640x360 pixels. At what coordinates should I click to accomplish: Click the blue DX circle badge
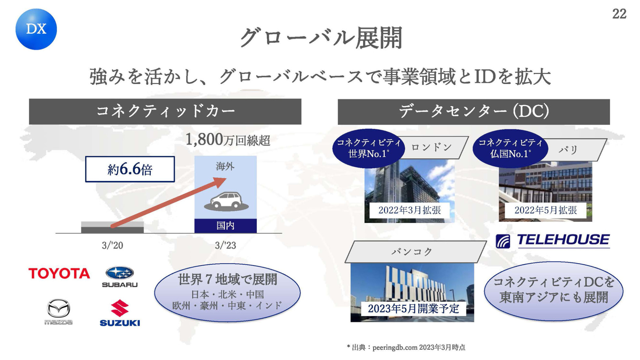tap(36, 29)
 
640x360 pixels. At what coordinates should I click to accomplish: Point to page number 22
tap(619, 14)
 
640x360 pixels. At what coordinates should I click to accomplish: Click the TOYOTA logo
tap(59, 274)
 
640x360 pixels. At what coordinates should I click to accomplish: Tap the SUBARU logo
tap(120, 277)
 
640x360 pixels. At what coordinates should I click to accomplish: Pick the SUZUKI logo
tap(120, 313)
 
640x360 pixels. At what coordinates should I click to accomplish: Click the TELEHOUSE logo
tap(553, 241)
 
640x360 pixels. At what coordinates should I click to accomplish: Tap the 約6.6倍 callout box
tap(130, 169)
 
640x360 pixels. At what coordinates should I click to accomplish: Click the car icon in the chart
tap(226, 202)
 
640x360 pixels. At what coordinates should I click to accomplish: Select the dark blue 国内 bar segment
tap(226, 226)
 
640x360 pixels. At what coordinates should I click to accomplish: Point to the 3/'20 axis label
tap(112, 246)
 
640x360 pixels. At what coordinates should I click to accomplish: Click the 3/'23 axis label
tap(225, 246)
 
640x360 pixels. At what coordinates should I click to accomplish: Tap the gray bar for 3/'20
tap(112, 227)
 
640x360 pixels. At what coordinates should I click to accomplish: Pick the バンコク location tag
tap(415, 252)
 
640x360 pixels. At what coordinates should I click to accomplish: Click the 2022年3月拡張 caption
tap(410, 210)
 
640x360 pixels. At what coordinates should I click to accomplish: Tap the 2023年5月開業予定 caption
tap(414, 309)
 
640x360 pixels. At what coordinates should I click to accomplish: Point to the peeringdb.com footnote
tap(406, 348)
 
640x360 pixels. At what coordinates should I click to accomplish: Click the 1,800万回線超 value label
tap(228, 140)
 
